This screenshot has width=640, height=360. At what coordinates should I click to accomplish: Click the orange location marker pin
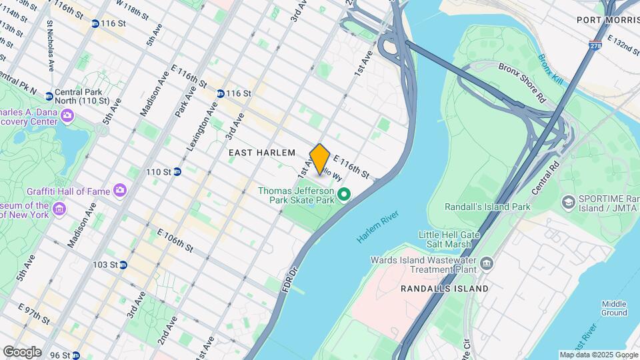(320, 159)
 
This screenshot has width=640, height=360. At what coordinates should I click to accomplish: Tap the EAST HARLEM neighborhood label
(261, 153)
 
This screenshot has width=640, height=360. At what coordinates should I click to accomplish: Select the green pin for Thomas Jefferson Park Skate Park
(344, 195)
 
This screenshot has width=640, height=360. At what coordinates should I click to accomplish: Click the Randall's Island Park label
(487, 207)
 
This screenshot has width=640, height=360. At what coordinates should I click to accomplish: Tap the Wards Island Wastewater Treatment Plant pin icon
(486, 265)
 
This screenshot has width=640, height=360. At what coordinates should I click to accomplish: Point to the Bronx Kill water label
(551, 70)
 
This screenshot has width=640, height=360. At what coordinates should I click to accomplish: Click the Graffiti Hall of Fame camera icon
(120, 191)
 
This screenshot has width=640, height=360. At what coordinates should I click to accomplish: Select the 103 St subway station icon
(123, 265)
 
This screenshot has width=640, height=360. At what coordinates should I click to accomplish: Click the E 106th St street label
(175, 240)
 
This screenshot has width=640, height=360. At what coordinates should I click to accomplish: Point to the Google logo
(22, 351)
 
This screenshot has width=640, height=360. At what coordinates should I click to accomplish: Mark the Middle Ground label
(613, 308)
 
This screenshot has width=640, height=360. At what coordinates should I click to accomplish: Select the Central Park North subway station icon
(49, 97)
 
